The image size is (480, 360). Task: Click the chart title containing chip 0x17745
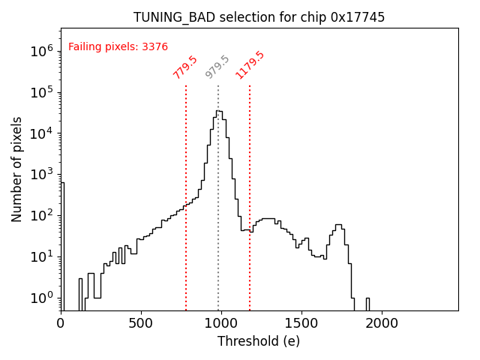tap(259, 17)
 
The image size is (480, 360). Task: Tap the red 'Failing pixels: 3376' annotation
tap(118, 46)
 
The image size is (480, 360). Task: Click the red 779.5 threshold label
tap(185, 67)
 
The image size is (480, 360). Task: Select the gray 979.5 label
tap(217, 67)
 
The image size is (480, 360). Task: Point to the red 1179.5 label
tap(250, 64)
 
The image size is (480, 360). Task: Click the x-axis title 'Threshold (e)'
tap(259, 341)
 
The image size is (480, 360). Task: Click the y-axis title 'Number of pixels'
tap(17, 169)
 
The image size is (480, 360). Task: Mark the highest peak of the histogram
tap(218, 111)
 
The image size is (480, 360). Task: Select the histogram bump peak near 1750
tap(339, 225)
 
